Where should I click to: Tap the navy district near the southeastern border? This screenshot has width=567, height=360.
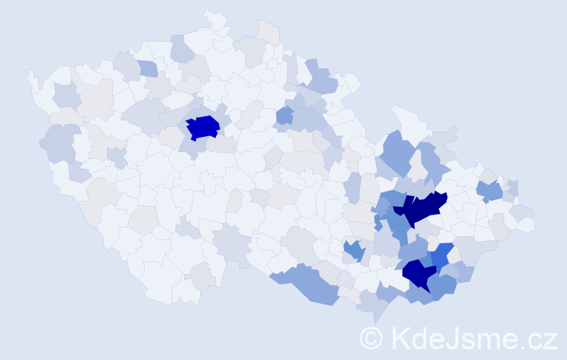coord(417,274)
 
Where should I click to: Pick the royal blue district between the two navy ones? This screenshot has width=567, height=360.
coord(442,253)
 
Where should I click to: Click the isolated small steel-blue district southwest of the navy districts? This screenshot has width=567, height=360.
coord(353,250)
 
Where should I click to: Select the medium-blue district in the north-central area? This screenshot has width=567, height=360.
coord(284,115)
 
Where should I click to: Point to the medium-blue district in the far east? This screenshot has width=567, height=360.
coord(490,190)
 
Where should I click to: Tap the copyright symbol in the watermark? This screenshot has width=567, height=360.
coord(372,338)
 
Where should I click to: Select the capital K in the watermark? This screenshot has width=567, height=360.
coord(402,338)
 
